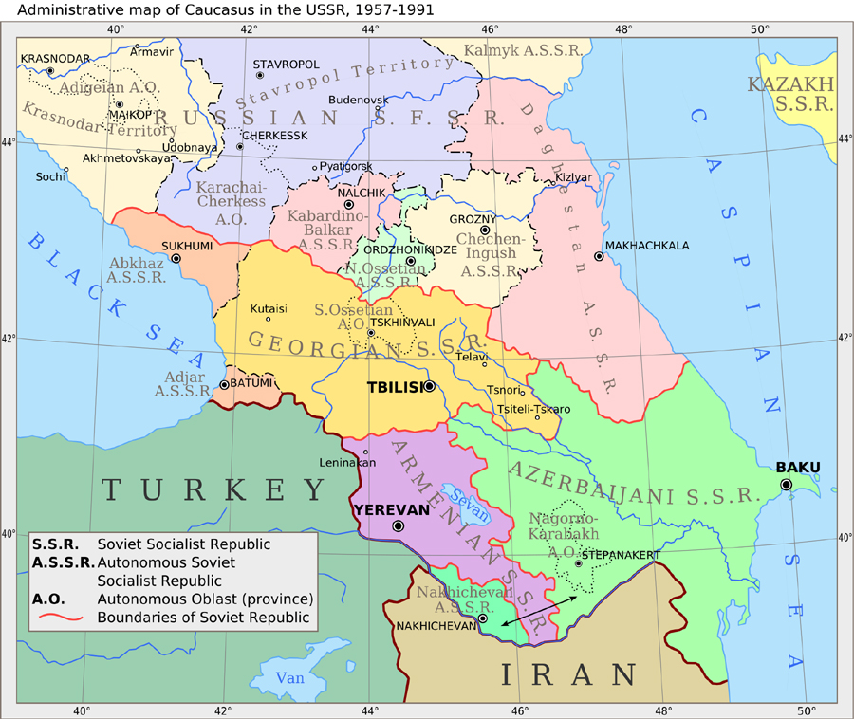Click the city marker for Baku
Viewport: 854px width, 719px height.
(x=786, y=485)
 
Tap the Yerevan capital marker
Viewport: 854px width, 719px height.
(x=399, y=525)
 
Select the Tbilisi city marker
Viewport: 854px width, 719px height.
(x=430, y=386)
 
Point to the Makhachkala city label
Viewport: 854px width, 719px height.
(x=647, y=245)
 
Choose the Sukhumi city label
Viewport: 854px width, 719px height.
(x=187, y=245)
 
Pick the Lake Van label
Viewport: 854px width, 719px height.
(x=290, y=677)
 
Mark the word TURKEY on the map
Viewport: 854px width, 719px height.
(x=213, y=489)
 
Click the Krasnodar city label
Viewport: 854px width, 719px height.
(x=49, y=59)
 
